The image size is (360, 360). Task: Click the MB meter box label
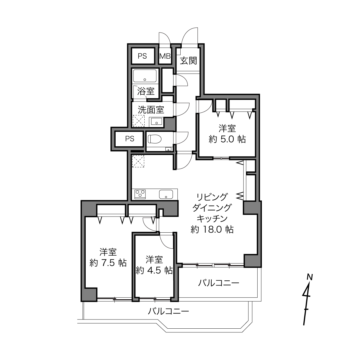click(x=165, y=56)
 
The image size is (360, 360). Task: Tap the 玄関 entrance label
click(x=188, y=61)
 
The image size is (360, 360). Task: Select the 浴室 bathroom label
click(x=146, y=91)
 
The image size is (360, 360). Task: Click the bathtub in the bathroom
click(x=145, y=76)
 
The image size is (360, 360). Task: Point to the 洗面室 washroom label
click(x=151, y=110)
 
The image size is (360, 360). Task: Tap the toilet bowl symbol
click(x=154, y=139)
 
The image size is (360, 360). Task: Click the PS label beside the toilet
click(x=130, y=139)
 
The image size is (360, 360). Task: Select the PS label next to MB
click(x=142, y=56)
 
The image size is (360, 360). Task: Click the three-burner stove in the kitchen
click(x=140, y=194)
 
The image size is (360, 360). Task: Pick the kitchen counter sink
click(x=166, y=194)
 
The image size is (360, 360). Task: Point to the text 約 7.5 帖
click(x=108, y=263)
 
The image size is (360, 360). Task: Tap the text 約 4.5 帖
click(x=154, y=270)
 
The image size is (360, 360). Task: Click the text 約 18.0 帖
click(x=212, y=229)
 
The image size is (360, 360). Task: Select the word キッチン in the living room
click(x=212, y=219)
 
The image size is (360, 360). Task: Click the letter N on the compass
click(x=310, y=277)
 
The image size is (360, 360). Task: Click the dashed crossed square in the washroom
click(x=139, y=121)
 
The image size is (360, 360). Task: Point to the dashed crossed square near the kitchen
click(x=138, y=161)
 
